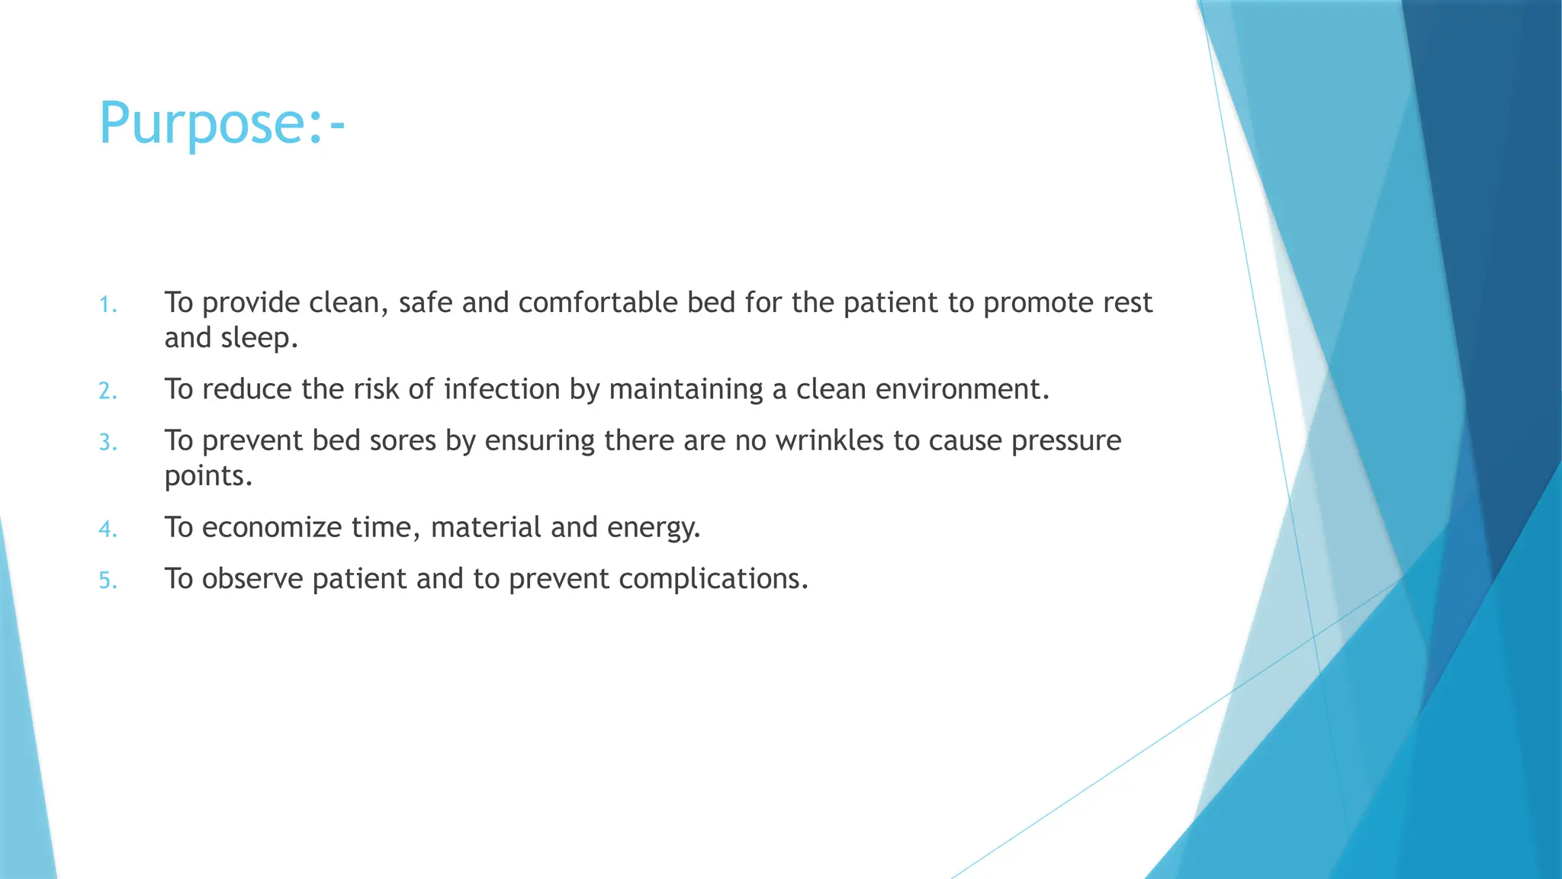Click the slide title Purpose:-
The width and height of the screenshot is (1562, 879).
[222, 124]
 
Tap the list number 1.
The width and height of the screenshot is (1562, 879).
[108, 305]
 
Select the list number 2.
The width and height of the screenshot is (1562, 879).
[108, 391]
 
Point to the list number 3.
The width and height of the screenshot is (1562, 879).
[108, 443]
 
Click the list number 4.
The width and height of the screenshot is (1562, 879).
[108, 529]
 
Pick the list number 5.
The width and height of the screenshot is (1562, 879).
[108, 581]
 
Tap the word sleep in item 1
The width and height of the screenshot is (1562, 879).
[259, 338]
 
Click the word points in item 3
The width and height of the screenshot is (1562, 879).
[207, 477]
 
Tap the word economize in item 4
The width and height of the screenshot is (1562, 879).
[272, 527]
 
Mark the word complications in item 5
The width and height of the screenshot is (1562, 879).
[712, 579]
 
